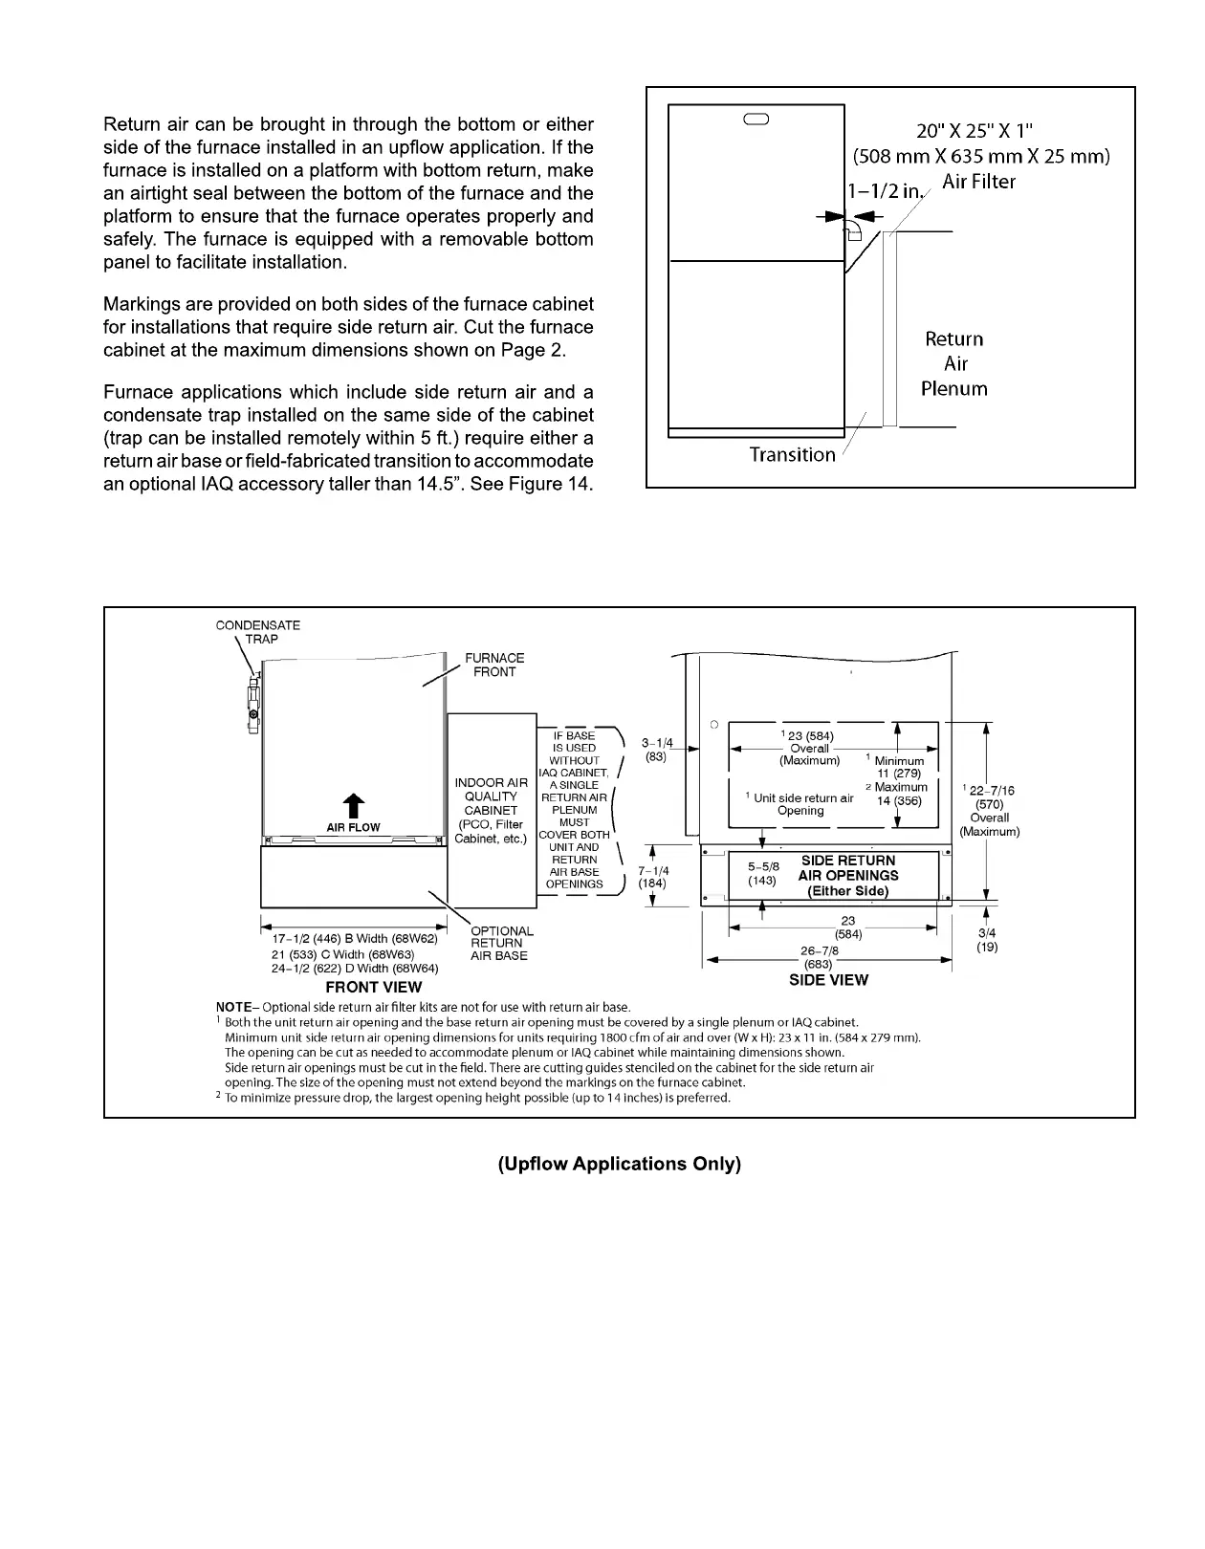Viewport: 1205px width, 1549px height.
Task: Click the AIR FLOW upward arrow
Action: [353, 805]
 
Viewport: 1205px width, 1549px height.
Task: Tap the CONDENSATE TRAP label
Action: [257, 632]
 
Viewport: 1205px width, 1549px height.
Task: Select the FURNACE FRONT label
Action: [494, 665]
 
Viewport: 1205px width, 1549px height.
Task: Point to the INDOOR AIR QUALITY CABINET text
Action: [491, 796]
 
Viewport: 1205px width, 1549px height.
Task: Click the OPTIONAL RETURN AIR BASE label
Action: [501, 943]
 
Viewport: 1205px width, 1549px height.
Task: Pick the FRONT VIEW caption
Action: [373, 987]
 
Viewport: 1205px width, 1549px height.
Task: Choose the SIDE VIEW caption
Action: [828, 980]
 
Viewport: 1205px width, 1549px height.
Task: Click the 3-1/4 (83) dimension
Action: [657, 749]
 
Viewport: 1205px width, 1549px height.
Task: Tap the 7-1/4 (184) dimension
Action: [653, 877]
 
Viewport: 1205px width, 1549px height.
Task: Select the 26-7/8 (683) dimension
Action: [819, 957]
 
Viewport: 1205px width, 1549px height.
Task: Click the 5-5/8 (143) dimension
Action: [762, 874]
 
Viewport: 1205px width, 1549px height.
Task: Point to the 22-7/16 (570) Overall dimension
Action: [990, 811]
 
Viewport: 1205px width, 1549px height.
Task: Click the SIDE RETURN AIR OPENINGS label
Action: [848, 875]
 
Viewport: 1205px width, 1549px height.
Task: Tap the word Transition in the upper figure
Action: [792, 455]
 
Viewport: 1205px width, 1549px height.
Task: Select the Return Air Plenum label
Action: [953, 364]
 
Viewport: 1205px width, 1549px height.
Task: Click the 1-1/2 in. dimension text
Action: [885, 190]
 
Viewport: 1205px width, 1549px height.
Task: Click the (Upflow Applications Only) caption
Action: [619, 1164]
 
